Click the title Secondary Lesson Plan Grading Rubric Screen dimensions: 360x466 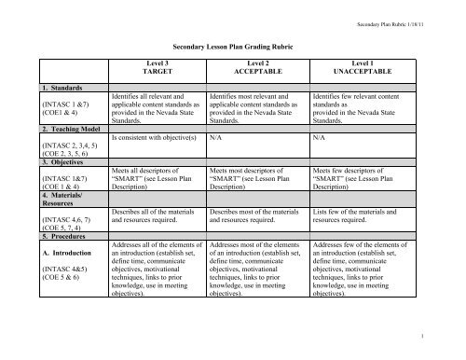point(232,44)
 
